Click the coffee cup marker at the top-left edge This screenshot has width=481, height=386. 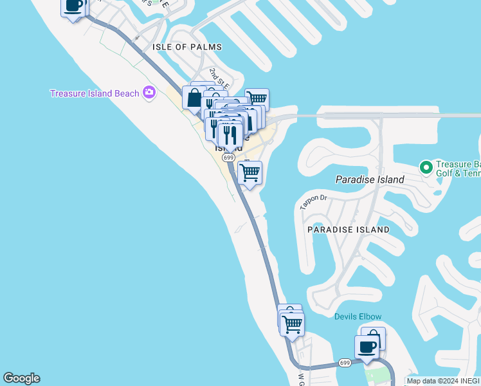73,6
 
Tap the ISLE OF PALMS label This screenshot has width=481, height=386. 187,47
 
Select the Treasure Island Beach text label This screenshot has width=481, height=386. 95,93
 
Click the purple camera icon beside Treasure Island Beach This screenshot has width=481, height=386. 149,93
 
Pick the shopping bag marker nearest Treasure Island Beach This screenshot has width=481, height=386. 194,99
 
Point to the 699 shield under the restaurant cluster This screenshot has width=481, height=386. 228,157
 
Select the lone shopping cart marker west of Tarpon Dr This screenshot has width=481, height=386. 250,172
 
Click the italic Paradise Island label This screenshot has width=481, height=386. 370,179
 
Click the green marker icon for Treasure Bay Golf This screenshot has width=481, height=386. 425,167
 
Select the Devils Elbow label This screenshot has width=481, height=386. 358,317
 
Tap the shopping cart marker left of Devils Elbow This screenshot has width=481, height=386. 292,324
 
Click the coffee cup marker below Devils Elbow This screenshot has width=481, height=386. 367,347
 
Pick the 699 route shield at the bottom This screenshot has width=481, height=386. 345,363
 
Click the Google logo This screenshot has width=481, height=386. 21,378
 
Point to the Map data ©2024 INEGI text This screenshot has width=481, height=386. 443,381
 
